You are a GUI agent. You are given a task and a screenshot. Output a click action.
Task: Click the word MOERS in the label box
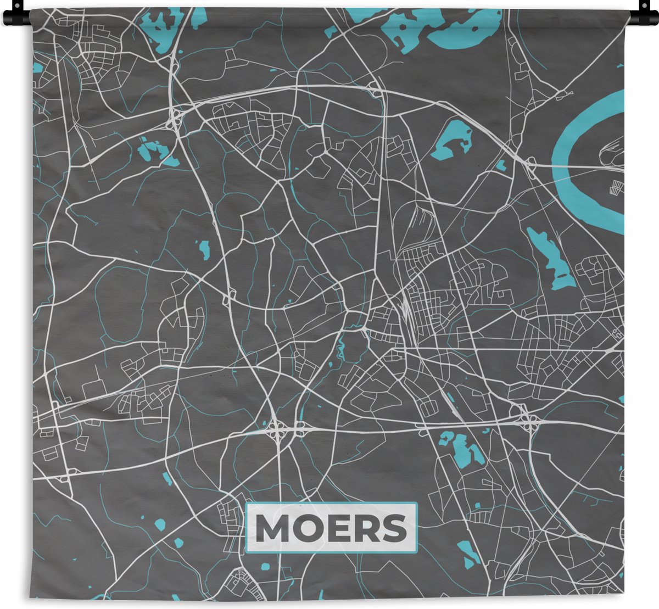pos(331,528)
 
